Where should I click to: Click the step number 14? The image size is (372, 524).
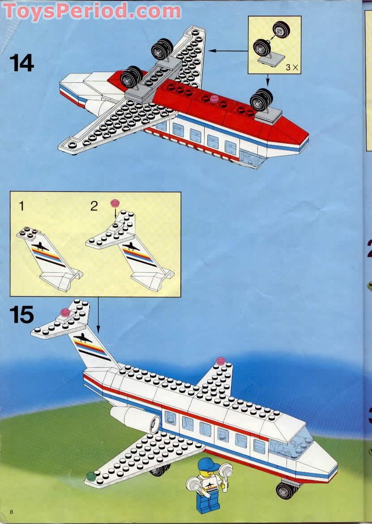(21, 62)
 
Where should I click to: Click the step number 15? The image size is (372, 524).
(21, 314)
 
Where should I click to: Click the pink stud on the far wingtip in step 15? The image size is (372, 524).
(220, 361)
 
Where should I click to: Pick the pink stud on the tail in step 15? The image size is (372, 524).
(66, 312)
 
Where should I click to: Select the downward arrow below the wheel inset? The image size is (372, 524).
(268, 81)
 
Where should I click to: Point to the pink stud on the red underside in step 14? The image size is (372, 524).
(214, 98)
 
